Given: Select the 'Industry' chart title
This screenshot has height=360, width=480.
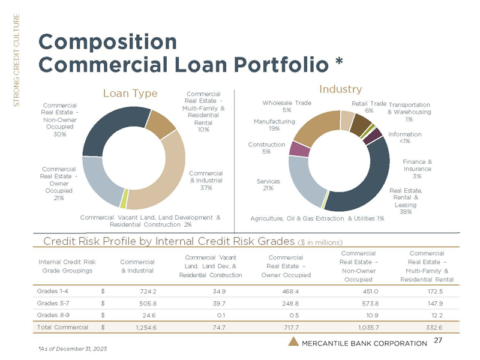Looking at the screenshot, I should [x=340, y=89].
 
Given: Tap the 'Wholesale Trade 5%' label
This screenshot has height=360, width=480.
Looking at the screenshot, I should [x=287, y=106].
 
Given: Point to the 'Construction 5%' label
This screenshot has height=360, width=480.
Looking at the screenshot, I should [x=266, y=148].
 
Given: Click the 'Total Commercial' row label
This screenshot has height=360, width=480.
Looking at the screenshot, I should [x=62, y=327].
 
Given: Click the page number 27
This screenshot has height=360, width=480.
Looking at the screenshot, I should [x=438, y=340].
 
